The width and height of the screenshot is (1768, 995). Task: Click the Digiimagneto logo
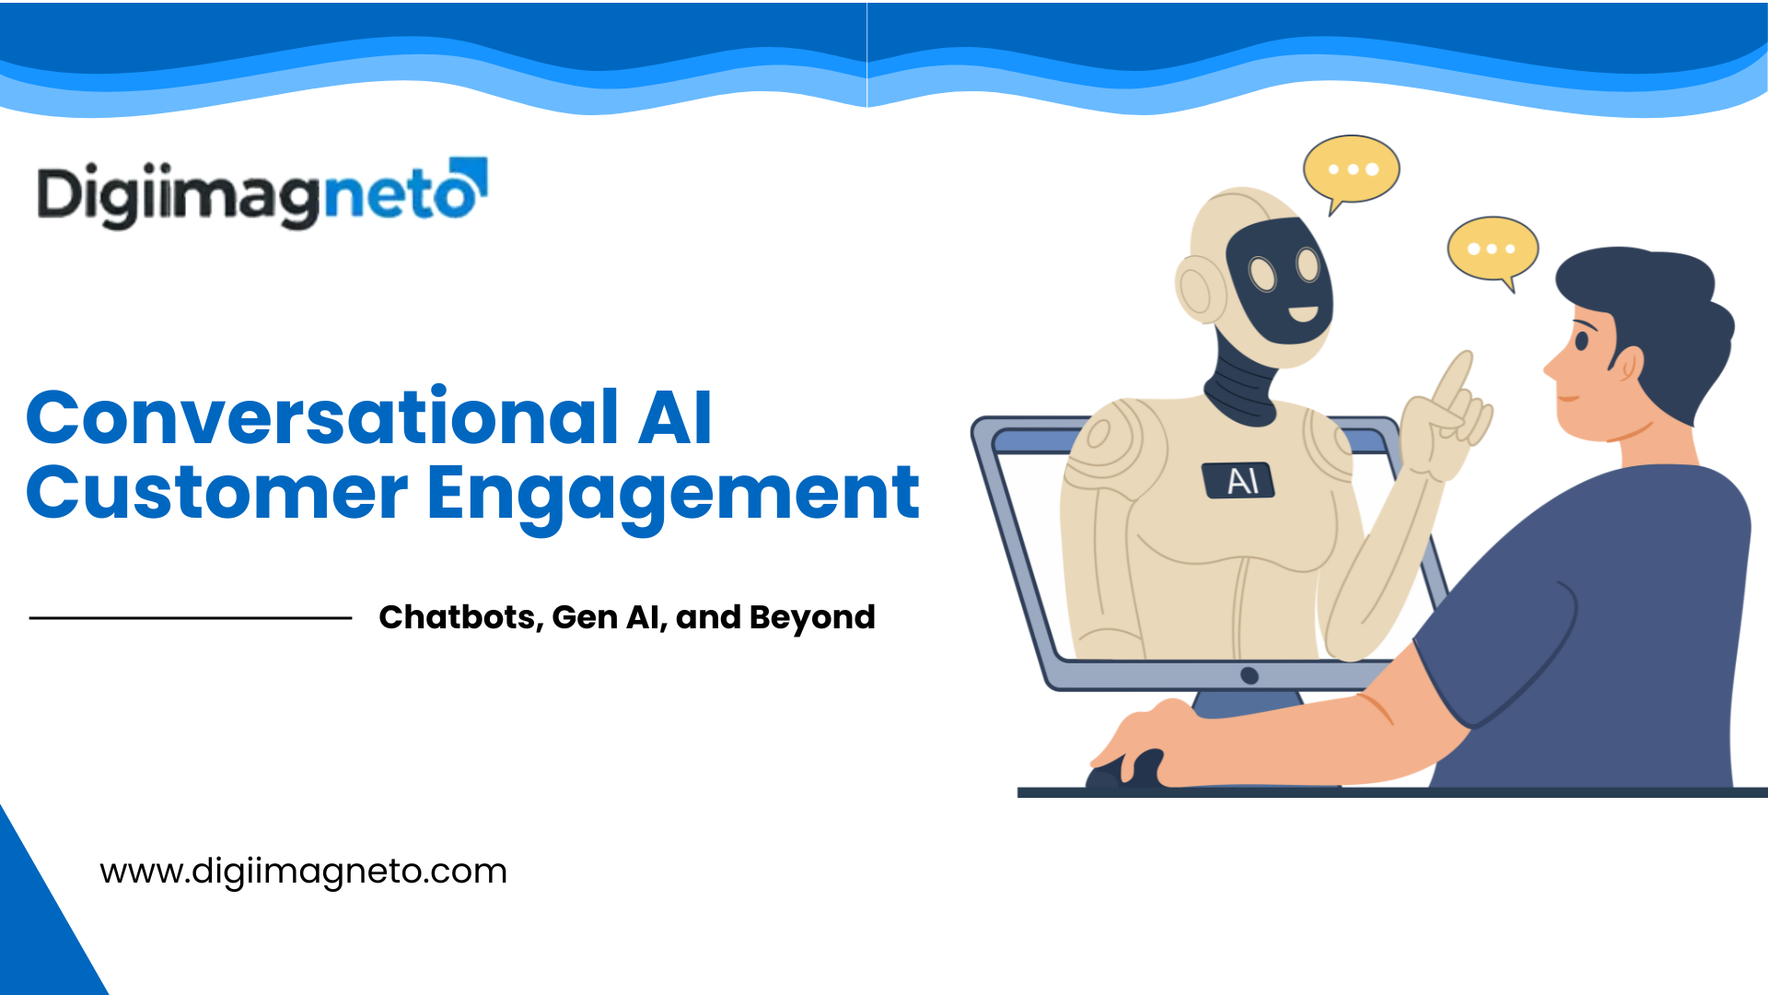tap(261, 193)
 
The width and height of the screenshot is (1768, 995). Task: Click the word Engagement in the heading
tap(672, 495)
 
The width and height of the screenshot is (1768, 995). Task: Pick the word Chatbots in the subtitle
tap(458, 617)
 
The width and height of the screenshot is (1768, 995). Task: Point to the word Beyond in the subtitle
tap(812, 618)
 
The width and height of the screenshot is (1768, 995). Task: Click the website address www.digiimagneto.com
tap(303, 872)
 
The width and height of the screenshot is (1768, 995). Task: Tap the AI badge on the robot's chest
tap(1239, 480)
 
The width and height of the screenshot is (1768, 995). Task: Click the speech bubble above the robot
tap(1351, 170)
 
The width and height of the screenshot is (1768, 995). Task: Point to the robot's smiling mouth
tap(1302, 314)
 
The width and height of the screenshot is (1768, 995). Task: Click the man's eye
tap(1582, 341)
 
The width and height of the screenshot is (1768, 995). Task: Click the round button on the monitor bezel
tap(1250, 675)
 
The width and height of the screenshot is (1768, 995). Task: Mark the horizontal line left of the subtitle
tap(191, 618)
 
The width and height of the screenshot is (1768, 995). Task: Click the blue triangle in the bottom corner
tap(37, 931)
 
